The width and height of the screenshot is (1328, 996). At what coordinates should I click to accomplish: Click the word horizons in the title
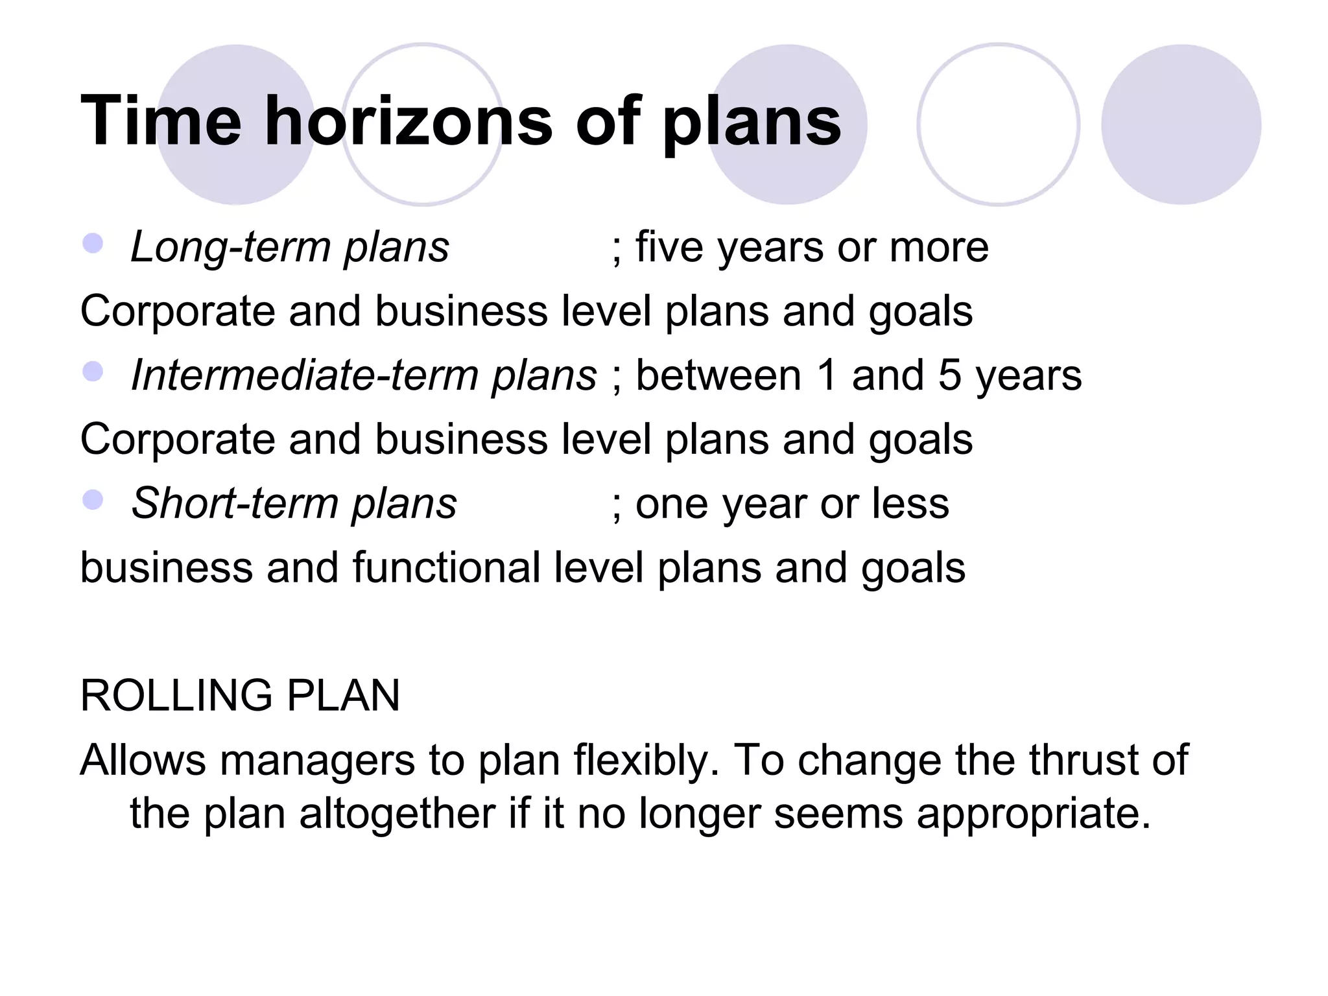[409, 121]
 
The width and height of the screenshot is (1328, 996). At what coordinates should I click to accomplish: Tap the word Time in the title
[161, 121]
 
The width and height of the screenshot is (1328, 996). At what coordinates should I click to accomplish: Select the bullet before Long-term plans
[93, 244]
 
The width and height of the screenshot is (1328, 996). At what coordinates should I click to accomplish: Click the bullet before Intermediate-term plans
[93, 372]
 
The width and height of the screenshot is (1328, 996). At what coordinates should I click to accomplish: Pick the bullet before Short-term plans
[93, 500]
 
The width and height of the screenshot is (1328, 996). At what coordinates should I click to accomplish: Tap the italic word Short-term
[236, 504]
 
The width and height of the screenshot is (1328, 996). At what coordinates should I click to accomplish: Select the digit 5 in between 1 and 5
[950, 376]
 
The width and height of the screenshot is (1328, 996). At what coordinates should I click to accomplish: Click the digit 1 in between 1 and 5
[827, 376]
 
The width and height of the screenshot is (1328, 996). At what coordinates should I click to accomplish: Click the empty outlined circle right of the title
[998, 124]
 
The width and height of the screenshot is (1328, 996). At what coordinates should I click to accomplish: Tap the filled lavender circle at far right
[1181, 124]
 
